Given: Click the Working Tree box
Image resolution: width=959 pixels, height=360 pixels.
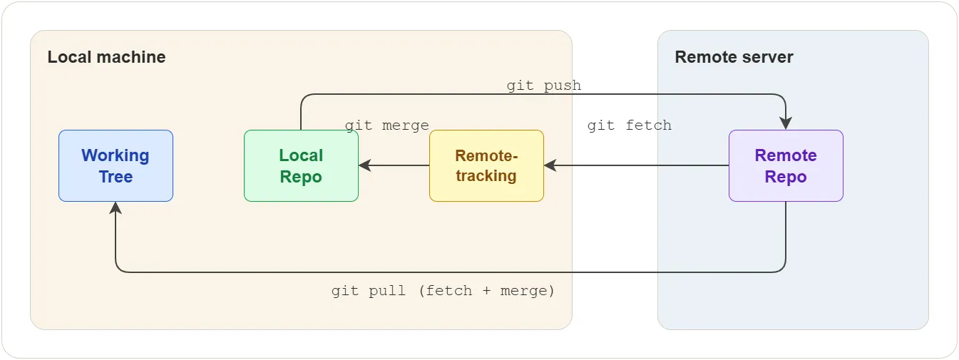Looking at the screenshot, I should point(116,165).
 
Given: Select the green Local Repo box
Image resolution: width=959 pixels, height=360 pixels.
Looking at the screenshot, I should point(301,165).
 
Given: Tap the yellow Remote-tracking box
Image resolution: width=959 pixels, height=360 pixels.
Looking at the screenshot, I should point(486,165).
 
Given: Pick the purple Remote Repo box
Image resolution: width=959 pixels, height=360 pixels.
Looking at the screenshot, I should point(786,165).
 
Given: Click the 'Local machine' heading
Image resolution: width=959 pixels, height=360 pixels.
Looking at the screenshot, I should point(106,57).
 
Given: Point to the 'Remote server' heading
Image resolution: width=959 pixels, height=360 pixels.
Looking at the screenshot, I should point(734,57).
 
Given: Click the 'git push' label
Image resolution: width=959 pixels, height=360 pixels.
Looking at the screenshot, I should point(544,86).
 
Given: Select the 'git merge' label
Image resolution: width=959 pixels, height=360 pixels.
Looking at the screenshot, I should point(387,125).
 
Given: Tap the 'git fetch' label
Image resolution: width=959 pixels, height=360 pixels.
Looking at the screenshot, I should point(630,125).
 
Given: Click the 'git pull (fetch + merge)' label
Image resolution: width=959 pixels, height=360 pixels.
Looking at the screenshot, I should point(443,291).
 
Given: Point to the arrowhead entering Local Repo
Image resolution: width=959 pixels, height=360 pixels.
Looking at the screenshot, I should point(365,165).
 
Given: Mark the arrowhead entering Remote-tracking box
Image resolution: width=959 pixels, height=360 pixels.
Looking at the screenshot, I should point(550,165).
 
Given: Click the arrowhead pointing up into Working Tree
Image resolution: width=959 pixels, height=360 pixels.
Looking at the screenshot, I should point(116,207).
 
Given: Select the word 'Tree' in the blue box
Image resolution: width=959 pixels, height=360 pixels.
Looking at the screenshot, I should point(116,177).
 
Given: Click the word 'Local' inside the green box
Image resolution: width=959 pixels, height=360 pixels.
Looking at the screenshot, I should point(301,155).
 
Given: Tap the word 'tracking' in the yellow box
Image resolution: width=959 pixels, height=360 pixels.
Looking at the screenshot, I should point(486,176).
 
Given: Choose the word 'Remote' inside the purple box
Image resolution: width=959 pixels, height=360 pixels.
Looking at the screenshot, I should point(786,155).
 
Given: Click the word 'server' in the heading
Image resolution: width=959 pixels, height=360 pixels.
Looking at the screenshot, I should point(767,57).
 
